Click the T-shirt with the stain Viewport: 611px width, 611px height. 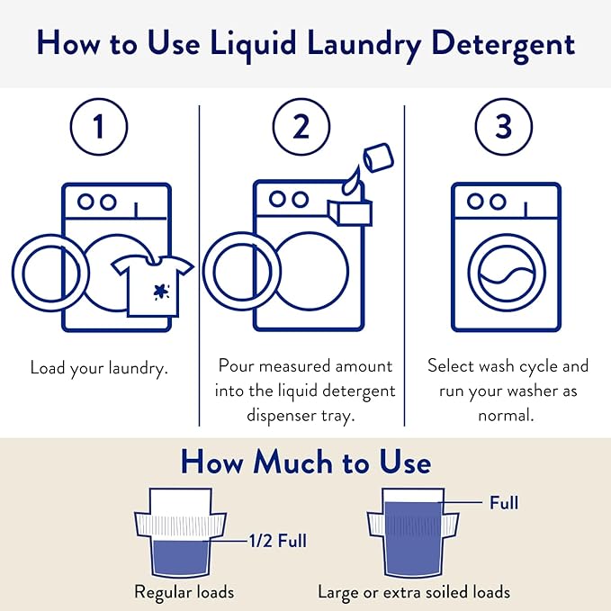[x=153, y=283]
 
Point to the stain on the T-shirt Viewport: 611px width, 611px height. [x=162, y=291]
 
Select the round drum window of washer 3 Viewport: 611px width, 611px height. [x=506, y=270]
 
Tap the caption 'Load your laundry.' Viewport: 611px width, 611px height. [x=99, y=368]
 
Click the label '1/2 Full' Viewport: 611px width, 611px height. [x=278, y=542]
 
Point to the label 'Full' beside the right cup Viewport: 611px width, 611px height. [x=503, y=502]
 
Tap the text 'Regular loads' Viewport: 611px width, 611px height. [x=184, y=592]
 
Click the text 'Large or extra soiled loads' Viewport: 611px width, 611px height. [x=414, y=592]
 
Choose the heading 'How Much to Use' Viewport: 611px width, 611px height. [x=305, y=463]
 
